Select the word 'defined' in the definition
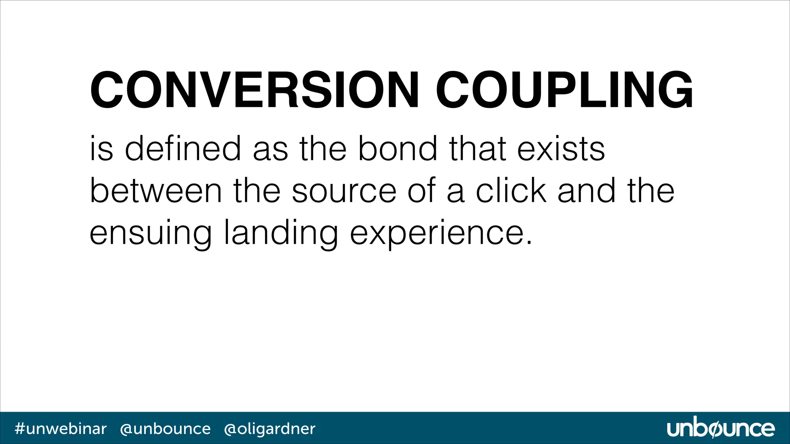pyautogui.click(x=183, y=149)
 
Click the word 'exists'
pyautogui.click(x=561, y=149)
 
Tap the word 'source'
pyautogui.click(x=344, y=192)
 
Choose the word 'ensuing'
pyautogui.click(x=150, y=234)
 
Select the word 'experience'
pyautogui.click(x=436, y=234)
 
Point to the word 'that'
pyautogui.click(x=477, y=149)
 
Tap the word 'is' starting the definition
pyautogui.click(x=101, y=149)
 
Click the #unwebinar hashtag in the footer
pyautogui.click(x=61, y=429)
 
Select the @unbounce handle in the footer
pyautogui.click(x=165, y=429)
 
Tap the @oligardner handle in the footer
pyautogui.click(x=270, y=429)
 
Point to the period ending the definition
pyautogui.click(x=529, y=243)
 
